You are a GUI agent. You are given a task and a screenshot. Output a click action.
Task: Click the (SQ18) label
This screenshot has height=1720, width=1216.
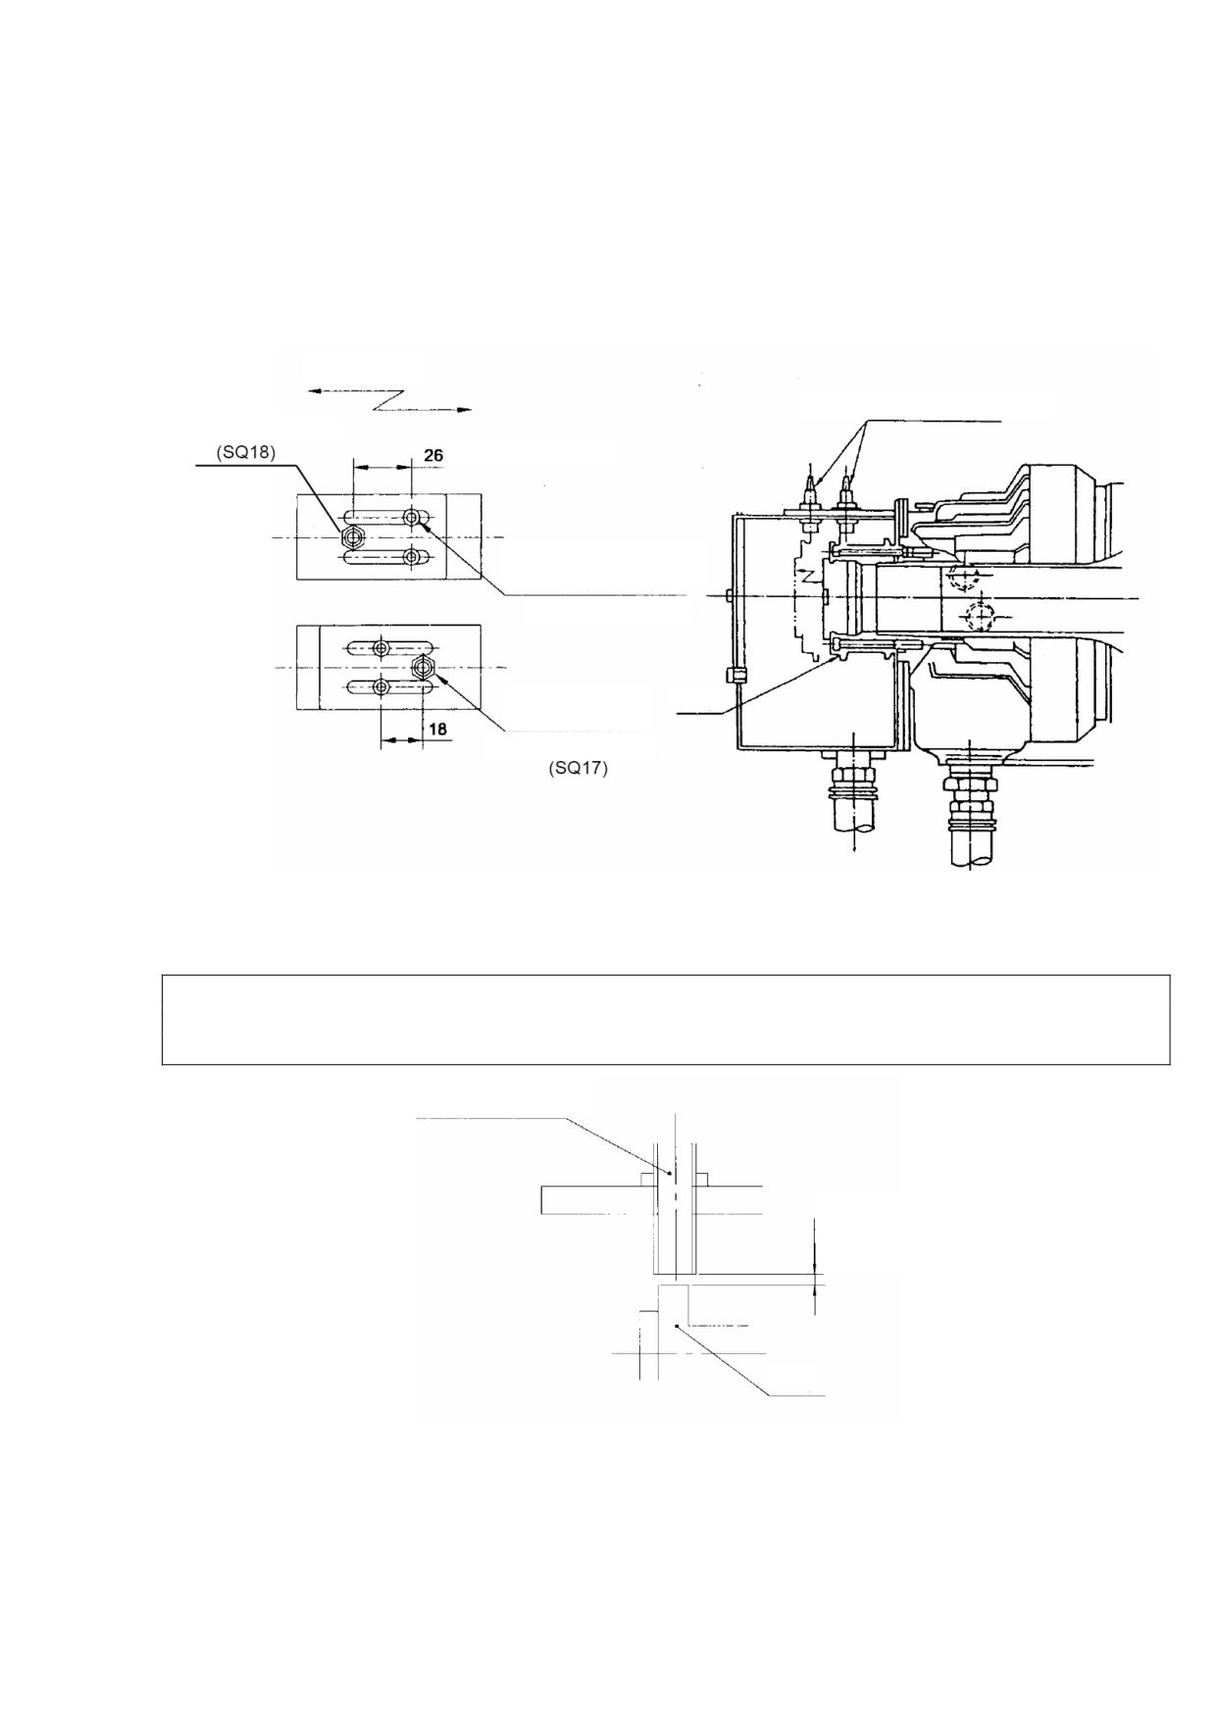pyautogui.click(x=247, y=453)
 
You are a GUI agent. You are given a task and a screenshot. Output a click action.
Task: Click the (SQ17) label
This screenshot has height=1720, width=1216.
pyautogui.click(x=578, y=768)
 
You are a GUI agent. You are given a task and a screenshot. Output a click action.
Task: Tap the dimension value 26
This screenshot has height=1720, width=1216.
pyautogui.click(x=432, y=455)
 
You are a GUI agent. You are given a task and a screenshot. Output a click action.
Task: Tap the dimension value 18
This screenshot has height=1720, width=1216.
pyautogui.click(x=437, y=730)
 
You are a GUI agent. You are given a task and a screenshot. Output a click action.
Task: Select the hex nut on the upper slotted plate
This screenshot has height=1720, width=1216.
pyautogui.click(x=353, y=536)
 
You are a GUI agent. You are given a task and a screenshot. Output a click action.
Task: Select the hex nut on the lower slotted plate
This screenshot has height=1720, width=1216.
pyautogui.click(x=424, y=668)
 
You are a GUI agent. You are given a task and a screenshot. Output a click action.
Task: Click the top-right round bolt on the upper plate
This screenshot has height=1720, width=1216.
pyautogui.click(x=413, y=517)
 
